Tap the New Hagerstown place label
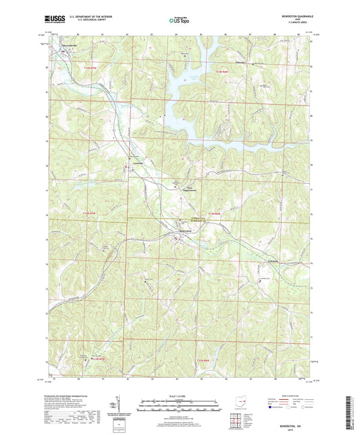pyautogui.click(x=176, y=189)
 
